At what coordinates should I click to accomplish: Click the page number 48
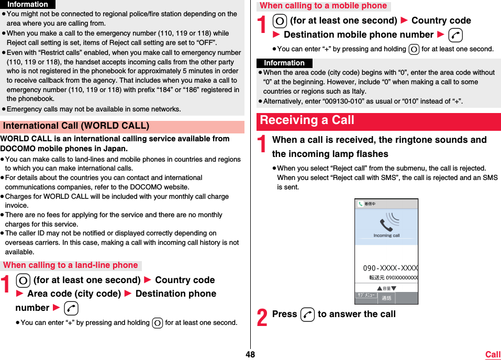point(250,354)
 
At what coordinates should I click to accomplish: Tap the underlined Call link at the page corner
point(493,354)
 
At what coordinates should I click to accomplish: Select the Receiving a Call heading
point(307,120)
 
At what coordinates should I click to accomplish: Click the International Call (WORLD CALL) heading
point(76,126)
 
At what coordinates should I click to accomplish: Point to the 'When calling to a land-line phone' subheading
point(71,265)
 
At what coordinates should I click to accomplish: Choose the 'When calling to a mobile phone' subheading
point(323,6)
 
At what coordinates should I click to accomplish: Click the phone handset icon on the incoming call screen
point(386,224)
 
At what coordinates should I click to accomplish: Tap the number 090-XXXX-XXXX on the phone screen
point(390,268)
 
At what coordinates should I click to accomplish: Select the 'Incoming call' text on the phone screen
point(386,235)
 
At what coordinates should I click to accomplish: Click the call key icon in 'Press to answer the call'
point(308,314)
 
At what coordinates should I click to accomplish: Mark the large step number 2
point(262,317)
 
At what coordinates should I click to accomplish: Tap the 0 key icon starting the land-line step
point(23,280)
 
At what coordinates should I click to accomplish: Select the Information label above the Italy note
point(284,63)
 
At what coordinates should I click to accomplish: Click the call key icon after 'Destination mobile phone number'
point(455,35)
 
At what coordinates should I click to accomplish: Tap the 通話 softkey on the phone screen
point(386,298)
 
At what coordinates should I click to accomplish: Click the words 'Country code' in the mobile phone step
point(441,20)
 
